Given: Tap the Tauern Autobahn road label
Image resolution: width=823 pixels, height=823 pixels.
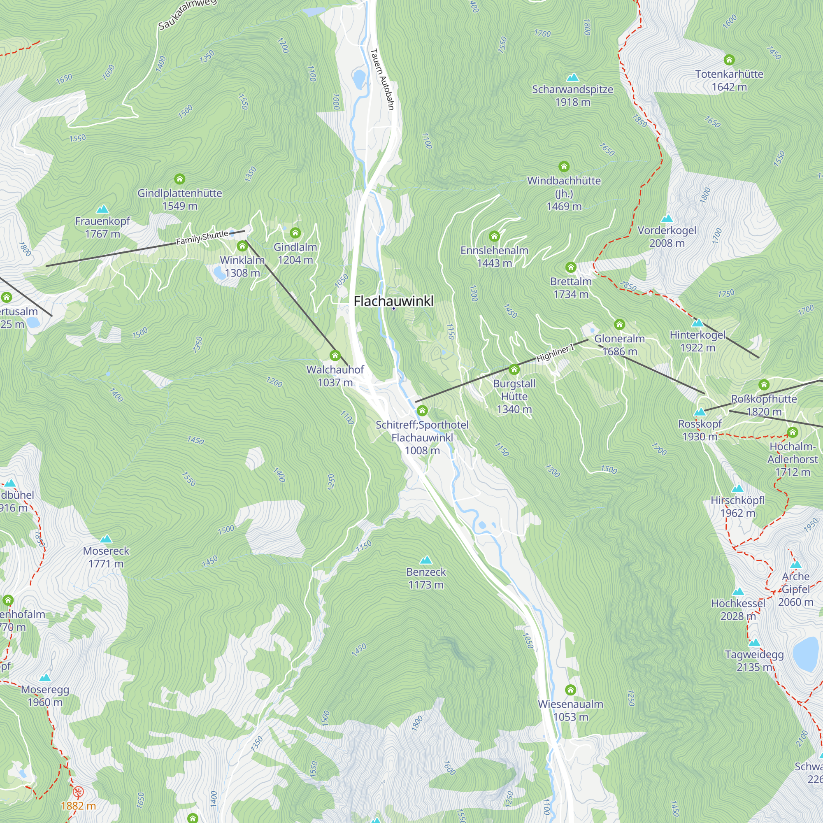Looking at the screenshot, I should tap(382, 80).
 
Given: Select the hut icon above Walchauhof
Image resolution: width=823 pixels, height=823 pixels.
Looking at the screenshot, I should tap(335, 355).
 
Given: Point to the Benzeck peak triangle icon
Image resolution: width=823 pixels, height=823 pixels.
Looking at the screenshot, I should tap(425, 560).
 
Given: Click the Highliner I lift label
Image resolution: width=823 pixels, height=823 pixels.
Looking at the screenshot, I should tap(555, 353).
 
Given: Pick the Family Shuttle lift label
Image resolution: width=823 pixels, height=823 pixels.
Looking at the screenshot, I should tap(202, 238).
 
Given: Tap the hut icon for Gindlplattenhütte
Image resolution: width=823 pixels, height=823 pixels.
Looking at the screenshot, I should tap(179, 179).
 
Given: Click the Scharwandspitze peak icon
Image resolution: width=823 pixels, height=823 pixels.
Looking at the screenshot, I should tap(572, 77).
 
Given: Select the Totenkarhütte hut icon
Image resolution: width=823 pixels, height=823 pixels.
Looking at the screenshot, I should tap(729, 60).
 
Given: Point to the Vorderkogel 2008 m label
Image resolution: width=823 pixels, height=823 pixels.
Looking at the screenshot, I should tap(667, 237).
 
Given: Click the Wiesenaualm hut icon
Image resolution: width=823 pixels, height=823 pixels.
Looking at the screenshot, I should tap(570, 690).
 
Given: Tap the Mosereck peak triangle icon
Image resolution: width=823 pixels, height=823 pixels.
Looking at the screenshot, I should tap(106, 539).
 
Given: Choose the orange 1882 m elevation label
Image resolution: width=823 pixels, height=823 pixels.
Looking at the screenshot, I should tap(78, 806).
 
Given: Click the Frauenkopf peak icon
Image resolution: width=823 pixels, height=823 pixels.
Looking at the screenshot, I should tap(102, 209).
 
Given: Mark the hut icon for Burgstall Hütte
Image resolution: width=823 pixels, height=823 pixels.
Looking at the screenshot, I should tap(514, 370).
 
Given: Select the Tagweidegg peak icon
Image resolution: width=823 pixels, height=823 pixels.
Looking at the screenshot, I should tap(754, 642).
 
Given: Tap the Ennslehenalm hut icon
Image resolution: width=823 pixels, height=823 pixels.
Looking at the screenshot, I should tap(494, 236).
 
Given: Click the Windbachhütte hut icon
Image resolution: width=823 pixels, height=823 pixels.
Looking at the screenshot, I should tap(564, 167).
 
